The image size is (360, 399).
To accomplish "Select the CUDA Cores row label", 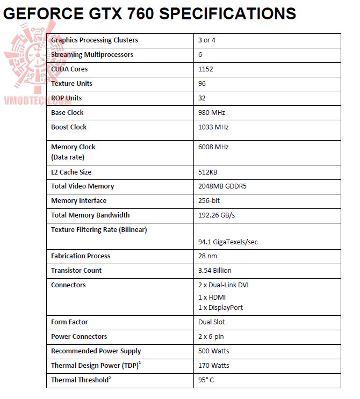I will (69, 69).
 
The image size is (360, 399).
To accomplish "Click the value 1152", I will (206, 69).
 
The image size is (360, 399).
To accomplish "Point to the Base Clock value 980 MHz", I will (212, 112).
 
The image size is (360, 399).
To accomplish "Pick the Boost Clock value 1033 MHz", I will (213, 127).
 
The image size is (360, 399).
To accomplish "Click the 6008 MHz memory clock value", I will (213, 147).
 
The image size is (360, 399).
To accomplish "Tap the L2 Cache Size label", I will (71, 172).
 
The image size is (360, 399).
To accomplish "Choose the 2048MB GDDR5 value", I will (222, 186).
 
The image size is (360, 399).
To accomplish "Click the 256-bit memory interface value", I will (210, 201).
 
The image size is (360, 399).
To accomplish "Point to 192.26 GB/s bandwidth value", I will (216, 215).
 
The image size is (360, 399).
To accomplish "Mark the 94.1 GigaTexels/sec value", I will (228, 242).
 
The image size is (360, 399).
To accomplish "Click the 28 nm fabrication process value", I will (207, 256).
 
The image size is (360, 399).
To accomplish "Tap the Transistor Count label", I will (76, 271).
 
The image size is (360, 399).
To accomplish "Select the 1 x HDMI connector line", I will (213, 297).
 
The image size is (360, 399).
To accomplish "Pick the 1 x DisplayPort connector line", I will (220, 307).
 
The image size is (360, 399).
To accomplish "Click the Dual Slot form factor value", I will (212, 322).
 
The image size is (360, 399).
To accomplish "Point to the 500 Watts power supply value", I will (213, 351).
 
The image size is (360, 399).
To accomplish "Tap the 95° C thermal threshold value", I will (206, 380).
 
